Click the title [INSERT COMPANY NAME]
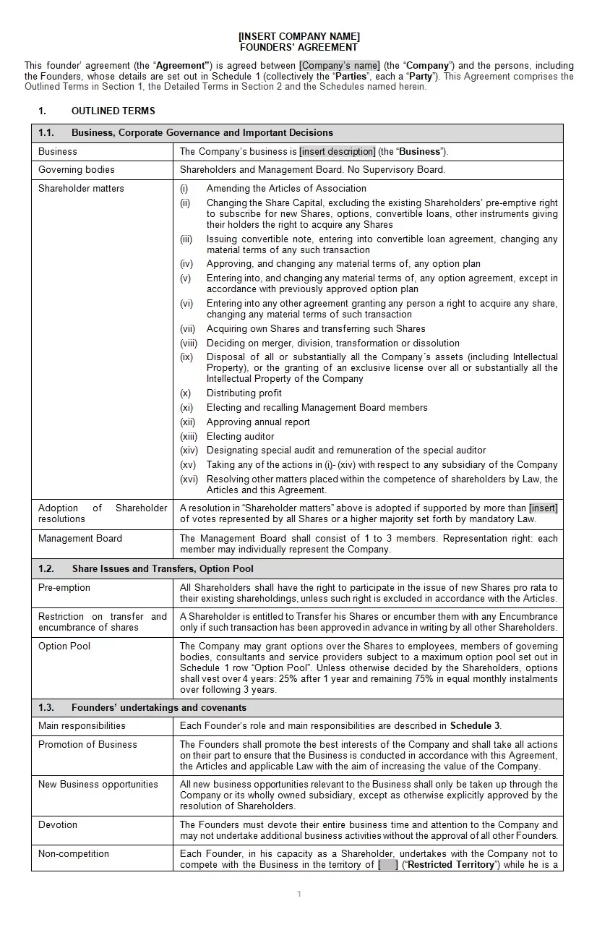click(298, 36)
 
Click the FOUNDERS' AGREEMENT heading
click(298, 47)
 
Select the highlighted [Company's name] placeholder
click(340, 66)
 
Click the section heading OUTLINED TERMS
click(113, 111)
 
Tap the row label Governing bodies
click(77, 170)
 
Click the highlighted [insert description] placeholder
click(338, 152)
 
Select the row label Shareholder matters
click(81, 189)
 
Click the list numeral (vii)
click(188, 329)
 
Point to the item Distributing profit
click(244, 393)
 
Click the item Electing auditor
click(240, 437)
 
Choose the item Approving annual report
click(258, 422)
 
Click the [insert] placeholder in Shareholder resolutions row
click(544, 508)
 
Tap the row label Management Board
click(80, 539)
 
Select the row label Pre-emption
click(64, 588)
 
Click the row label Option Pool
click(64, 647)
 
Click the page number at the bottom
click(298, 895)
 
